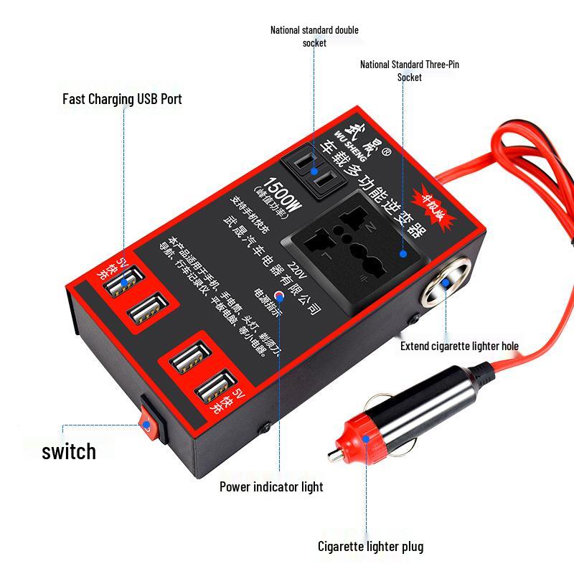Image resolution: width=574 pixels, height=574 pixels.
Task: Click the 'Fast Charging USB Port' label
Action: coord(122,98)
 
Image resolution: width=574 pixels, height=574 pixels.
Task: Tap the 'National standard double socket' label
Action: coord(314,36)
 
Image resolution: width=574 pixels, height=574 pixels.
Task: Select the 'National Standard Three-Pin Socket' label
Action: coord(409,70)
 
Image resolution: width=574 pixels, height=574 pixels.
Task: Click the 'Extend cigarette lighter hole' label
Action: coord(459,346)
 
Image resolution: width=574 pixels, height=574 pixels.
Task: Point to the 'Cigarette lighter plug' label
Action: coord(370,547)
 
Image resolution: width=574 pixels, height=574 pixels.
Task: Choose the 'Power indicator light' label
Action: coord(271,486)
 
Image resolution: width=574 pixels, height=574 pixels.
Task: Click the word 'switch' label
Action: coord(69,451)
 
